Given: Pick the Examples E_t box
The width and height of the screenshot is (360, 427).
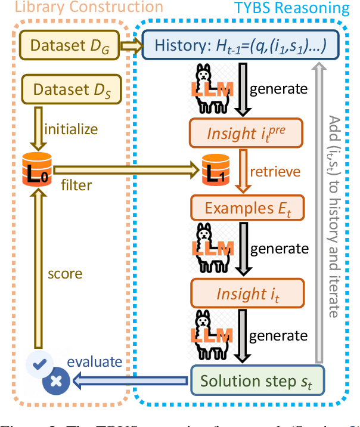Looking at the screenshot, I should coord(246,208).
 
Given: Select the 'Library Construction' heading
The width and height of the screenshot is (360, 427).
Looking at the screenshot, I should coord(82,8).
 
